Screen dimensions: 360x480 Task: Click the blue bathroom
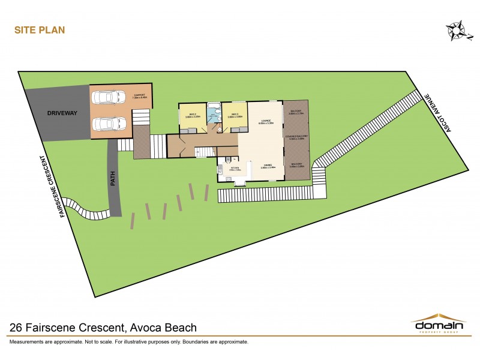tap(214, 114)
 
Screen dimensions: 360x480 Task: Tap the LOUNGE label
tap(266, 122)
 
